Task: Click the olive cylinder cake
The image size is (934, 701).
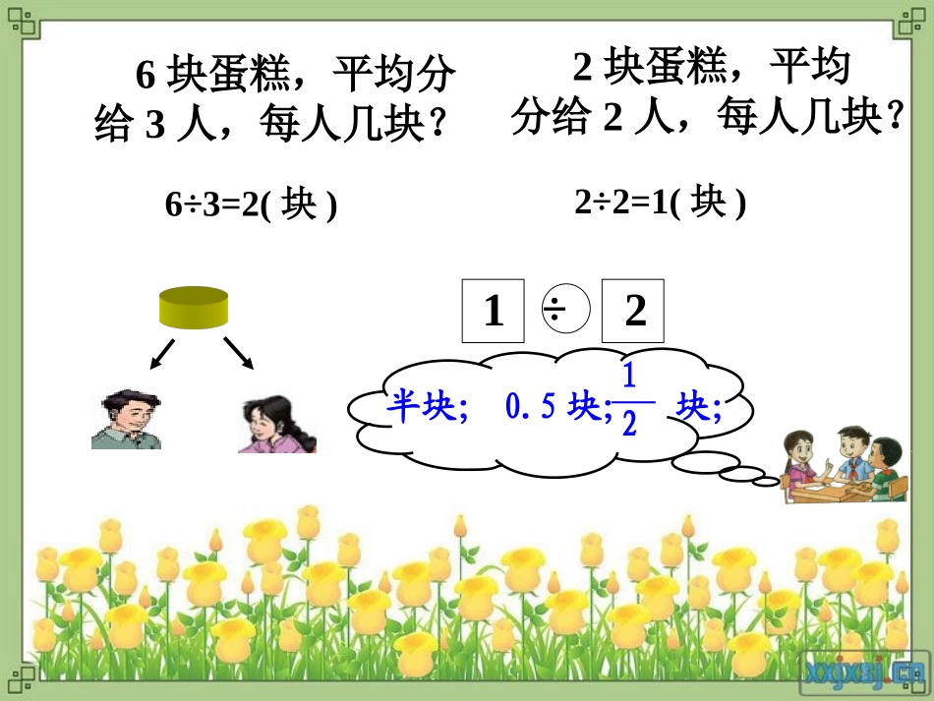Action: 194,308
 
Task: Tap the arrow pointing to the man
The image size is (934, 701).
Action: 162,355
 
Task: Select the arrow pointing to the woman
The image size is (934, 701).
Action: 238,353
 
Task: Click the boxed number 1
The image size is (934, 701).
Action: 495,312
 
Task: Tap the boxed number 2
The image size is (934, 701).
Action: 634,312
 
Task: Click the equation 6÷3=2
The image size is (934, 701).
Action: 250,204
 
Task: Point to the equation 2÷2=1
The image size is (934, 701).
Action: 660,203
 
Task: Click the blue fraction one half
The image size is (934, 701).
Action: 629,400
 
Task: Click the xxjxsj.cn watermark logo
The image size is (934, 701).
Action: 864,672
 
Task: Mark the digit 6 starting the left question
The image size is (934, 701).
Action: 146,75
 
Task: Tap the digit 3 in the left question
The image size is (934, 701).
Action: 153,125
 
